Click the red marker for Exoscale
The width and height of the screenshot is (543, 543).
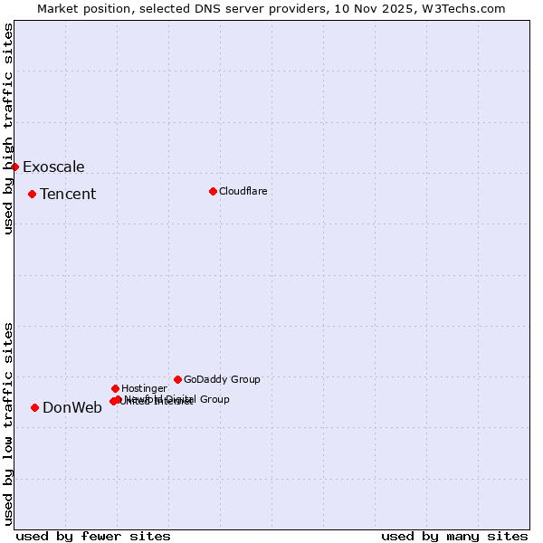click(14, 167)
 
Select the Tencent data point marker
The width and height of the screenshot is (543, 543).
click(32, 194)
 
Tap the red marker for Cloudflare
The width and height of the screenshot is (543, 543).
click(213, 191)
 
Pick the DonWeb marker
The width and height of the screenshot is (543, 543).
click(34, 407)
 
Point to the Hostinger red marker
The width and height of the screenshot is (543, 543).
click(115, 388)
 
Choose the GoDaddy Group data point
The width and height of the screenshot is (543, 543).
click(177, 379)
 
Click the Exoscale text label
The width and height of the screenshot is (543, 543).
click(53, 167)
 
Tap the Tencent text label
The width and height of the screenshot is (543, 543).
click(68, 194)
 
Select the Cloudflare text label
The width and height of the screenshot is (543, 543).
click(243, 191)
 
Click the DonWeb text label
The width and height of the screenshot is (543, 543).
click(72, 407)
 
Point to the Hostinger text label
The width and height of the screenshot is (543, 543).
click(144, 388)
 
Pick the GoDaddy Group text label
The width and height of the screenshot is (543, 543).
click(222, 379)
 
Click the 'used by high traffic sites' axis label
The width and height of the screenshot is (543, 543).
click(9, 129)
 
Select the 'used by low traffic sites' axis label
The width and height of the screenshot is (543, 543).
click(9, 423)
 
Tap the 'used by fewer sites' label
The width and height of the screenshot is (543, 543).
click(93, 536)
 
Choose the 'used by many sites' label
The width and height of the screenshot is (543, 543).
click(454, 536)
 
